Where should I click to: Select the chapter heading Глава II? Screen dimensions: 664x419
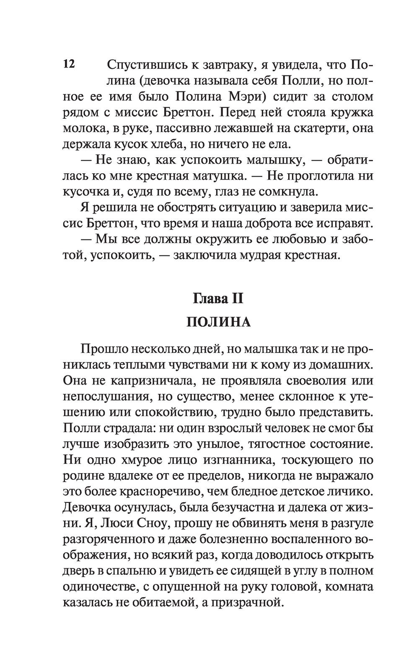tap(218, 299)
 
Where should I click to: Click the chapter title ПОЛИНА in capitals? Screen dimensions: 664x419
tap(218, 322)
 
